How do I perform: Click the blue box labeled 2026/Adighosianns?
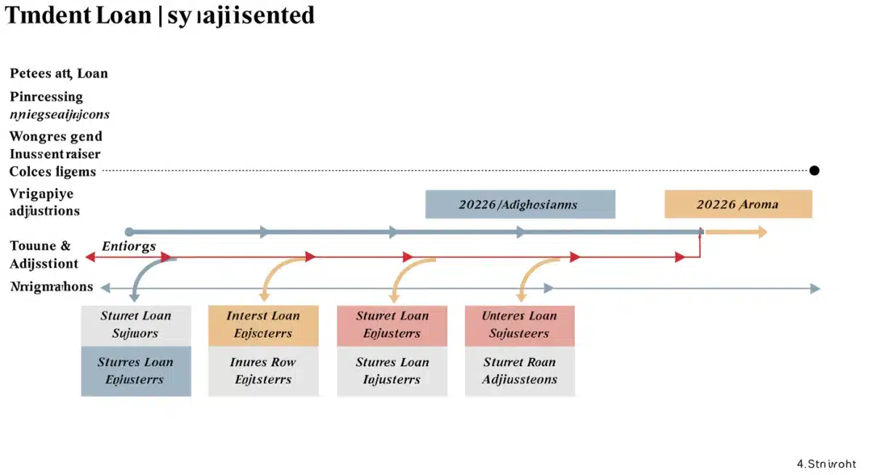coord(520,204)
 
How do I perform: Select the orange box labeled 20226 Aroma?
coord(738,204)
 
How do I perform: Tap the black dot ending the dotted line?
coord(814,171)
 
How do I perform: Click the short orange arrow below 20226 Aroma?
coord(735,232)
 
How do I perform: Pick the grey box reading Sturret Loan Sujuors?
coord(136,325)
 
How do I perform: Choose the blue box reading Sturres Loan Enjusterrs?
coord(136,371)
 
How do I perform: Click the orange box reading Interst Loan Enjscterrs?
coord(263,325)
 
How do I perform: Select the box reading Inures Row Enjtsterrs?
coord(263,371)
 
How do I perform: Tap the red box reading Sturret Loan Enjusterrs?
coord(392,325)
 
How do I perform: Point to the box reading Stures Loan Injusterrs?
coord(392,371)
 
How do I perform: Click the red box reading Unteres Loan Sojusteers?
coord(520,325)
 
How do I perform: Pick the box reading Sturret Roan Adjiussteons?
coord(520,371)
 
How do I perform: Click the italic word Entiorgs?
coord(129,246)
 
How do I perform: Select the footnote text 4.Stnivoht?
coord(826,463)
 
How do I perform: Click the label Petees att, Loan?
coord(59,73)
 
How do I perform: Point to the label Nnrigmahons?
coord(52,286)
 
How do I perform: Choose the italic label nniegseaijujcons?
coord(60,114)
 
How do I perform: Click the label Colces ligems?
coord(52,171)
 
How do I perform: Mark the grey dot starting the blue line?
coord(129,232)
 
